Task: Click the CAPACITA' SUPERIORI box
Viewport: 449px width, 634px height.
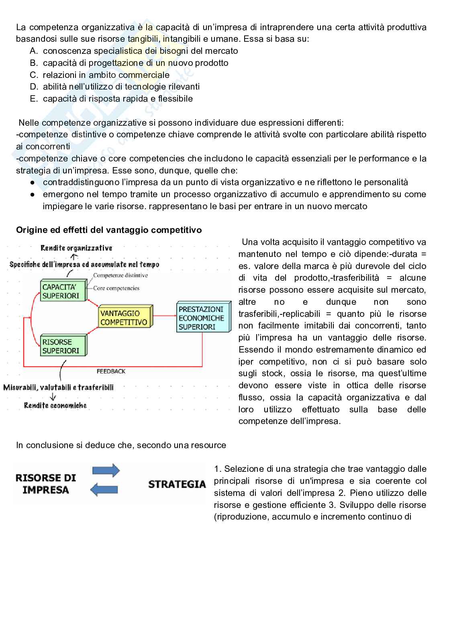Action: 62,292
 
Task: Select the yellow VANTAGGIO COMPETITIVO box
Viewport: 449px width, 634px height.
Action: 124,318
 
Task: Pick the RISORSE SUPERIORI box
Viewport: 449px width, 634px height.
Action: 62,347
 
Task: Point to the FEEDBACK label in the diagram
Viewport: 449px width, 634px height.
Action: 111,371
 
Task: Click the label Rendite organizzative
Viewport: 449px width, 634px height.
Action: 76,248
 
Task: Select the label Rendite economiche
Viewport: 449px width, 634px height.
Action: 55,406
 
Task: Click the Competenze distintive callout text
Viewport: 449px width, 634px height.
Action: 120,275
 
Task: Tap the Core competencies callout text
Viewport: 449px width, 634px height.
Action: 116,288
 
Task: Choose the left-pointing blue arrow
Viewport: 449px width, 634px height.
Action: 104,489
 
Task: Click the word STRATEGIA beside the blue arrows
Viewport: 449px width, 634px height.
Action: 177,484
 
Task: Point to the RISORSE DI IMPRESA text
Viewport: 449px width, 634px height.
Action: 45,484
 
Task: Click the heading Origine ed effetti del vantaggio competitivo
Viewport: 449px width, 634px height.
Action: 109,230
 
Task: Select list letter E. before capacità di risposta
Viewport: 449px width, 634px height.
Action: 34,99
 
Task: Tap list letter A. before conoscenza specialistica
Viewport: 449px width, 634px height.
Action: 34,51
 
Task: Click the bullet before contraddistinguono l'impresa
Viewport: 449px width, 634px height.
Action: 32,183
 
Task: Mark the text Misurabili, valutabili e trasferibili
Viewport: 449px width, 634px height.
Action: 58,387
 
